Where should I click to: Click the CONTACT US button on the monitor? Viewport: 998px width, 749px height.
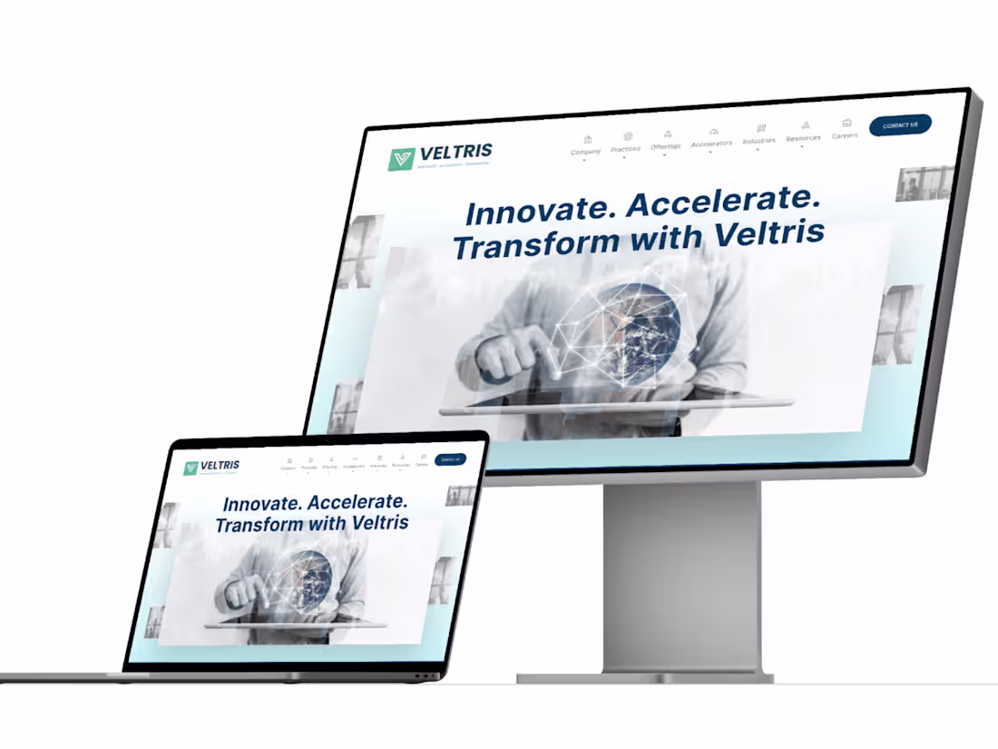click(x=900, y=125)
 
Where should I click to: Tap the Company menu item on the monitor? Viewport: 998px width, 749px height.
click(x=585, y=151)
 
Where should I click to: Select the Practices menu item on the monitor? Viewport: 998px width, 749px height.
click(x=625, y=148)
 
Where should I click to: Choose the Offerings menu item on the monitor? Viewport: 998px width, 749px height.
click(x=665, y=145)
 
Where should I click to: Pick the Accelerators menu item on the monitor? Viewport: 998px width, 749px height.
click(x=711, y=143)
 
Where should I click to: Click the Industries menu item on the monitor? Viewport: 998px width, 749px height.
click(x=758, y=140)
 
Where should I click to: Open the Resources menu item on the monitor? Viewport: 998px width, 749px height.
click(x=803, y=137)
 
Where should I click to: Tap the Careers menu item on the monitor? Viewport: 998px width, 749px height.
click(x=845, y=134)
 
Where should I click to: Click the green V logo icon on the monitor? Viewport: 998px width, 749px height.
click(x=401, y=159)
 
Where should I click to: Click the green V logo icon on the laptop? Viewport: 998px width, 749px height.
click(x=191, y=468)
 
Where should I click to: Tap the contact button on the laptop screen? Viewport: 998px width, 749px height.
click(x=450, y=459)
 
